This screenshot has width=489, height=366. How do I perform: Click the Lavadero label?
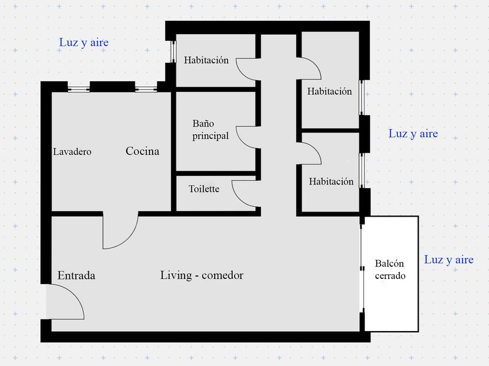tap(72, 152)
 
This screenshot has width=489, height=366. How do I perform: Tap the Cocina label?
tap(143, 152)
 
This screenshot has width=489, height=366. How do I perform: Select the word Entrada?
tap(76, 275)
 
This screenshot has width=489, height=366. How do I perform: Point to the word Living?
tap(175, 275)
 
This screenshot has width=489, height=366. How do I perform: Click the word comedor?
tap(222, 275)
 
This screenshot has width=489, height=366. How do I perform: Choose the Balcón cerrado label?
tap(390, 270)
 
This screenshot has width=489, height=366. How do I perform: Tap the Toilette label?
tap(204, 189)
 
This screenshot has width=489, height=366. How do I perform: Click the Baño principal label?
tap(210, 130)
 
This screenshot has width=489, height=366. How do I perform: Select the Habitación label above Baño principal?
tap(206, 60)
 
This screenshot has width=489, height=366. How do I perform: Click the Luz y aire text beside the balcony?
tap(448, 260)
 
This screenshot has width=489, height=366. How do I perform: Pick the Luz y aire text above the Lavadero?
tap(84, 42)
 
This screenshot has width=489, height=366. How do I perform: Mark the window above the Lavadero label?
tap(79, 88)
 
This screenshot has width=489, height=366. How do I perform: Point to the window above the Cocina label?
tap(146, 88)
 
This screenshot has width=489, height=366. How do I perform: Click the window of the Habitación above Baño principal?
tap(173, 52)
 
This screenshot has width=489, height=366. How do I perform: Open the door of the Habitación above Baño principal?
tap(247, 69)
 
